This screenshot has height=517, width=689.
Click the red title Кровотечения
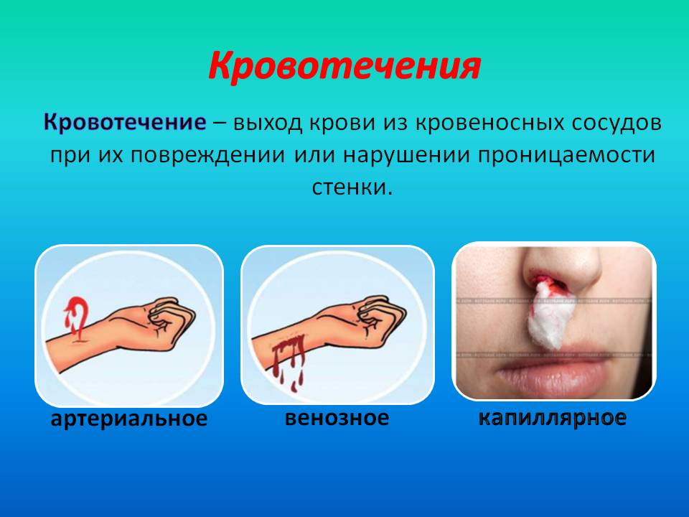[344, 67]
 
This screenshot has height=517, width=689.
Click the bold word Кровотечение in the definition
[125, 122]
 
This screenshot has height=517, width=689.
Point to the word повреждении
[207, 155]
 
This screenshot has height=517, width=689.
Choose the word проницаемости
[567, 156]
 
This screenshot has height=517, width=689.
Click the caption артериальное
[128, 418]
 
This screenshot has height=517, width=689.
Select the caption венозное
[337, 417]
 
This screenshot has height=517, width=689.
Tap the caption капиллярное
[553, 417]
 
